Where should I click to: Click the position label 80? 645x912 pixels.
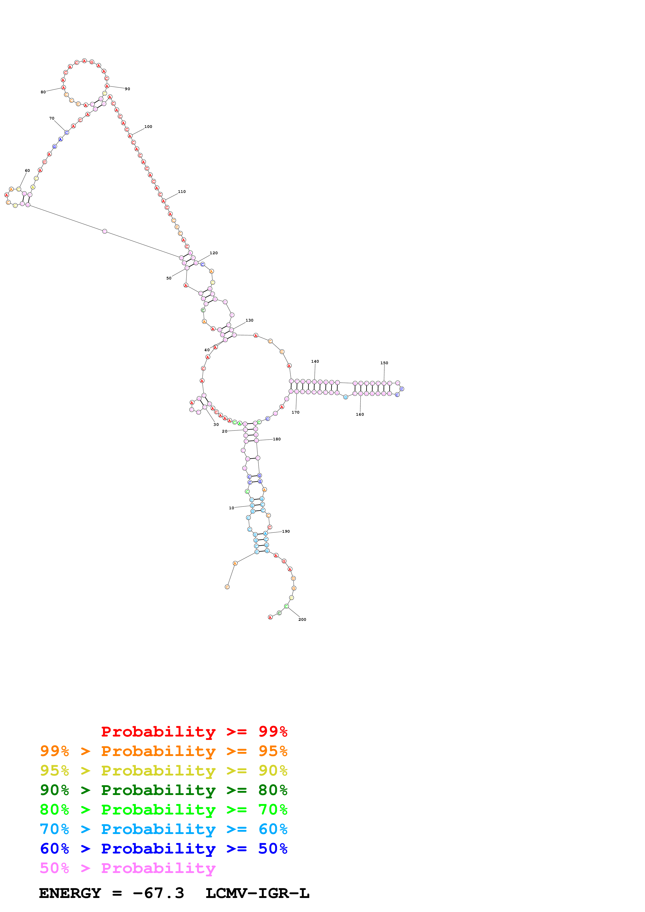tap(43, 92)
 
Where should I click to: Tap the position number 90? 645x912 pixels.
tap(127, 89)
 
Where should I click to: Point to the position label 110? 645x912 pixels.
tap(182, 191)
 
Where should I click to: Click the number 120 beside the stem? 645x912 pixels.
tap(213, 253)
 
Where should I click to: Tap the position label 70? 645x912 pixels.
tap(52, 118)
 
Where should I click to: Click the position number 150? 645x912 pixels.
tap(384, 363)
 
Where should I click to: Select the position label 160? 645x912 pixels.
tap(360, 414)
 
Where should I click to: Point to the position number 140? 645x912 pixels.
tap(315, 361)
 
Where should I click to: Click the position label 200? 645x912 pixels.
tap(302, 620)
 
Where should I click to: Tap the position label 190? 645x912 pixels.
tap(286, 531)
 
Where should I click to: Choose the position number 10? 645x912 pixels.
tap(231, 508)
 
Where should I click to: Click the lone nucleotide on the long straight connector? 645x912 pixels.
tap(105, 231)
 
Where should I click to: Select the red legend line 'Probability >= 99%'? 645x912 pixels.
tap(194, 731)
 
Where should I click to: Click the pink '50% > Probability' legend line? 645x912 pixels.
tap(127, 868)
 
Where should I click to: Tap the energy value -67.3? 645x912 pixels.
tap(158, 893)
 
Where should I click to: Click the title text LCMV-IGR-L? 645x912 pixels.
tap(257, 893)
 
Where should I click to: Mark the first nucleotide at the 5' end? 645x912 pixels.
tap(227, 587)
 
